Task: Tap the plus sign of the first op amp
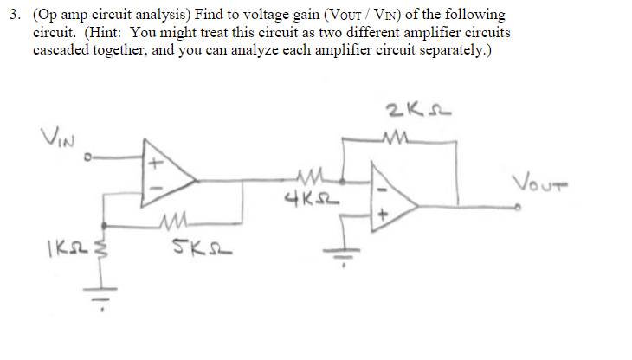pyautogui.click(x=157, y=161)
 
